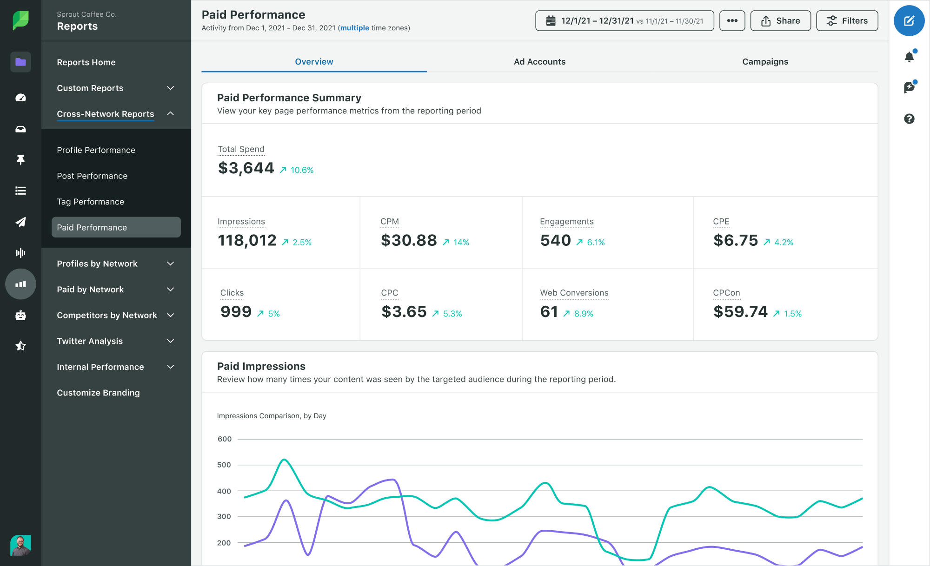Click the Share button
[x=780, y=21]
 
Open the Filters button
[x=847, y=21]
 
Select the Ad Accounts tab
[x=539, y=62]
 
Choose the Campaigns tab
[x=765, y=62]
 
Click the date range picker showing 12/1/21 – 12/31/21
[x=624, y=21]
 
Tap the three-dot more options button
[x=732, y=21]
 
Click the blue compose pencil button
[x=909, y=21]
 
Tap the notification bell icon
[x=909, y=57]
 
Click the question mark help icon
[x=909, y=119]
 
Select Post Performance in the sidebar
[x=92, y=176]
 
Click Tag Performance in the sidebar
[x=90, y=202]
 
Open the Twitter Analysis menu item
[x=90, y=341]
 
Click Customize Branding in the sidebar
[x=98, y=393]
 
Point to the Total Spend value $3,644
[x=246, y=168]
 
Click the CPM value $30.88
[x=409, y=241]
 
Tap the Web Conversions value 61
[x=549, y=312]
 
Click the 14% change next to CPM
[x=461, y=243]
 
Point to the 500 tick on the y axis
[x=224, y=465]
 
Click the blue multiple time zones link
[x=354, y=28]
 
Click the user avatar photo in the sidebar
[x=20, y=545]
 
